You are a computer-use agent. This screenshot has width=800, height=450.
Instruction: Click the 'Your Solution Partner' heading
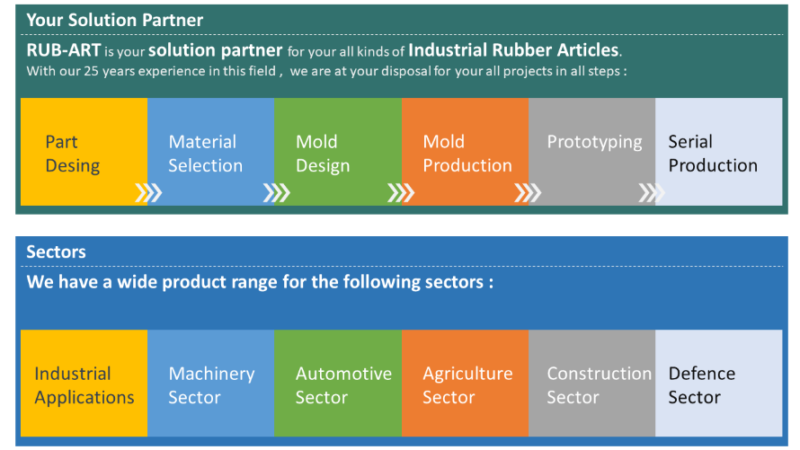click(x=115, y=20)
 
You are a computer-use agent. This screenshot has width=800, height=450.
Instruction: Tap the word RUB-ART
click(x=64, y=50)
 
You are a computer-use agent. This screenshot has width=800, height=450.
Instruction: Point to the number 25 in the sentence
click(x=91, y=71)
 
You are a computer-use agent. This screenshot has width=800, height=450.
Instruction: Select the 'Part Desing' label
click(x=73, y=154)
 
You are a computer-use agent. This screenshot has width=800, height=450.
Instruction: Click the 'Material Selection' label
click(x=205, y=154)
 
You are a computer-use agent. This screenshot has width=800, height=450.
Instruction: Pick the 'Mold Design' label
click(x=323, y=154)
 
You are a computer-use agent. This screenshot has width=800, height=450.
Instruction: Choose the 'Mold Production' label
click(x=467, y=154)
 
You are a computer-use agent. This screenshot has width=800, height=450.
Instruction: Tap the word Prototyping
click(x=594, y=142)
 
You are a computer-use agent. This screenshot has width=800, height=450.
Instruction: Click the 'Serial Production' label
click(x=713, y=154)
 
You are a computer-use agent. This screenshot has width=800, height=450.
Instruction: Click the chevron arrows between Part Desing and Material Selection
click(x=148, y=192)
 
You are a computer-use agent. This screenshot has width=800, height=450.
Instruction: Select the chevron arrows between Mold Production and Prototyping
click(x=528, y=192)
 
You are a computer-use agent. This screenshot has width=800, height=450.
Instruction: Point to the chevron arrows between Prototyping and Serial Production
click(x=652, y=192)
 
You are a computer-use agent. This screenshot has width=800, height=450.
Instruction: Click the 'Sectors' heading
click(x=56, y=251)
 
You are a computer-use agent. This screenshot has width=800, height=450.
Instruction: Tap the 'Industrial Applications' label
click(x=84, y=385)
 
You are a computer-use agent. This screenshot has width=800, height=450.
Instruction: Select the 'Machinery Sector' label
click(x=211, y=385)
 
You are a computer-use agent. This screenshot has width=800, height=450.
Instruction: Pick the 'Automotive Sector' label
click(x=343, y=385)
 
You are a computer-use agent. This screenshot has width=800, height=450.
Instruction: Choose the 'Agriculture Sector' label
click(x=467, y=385)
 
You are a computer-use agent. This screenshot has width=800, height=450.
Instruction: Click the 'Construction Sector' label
click(x=599, y=385)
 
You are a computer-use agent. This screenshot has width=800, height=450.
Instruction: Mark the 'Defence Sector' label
click(x=701, y=385)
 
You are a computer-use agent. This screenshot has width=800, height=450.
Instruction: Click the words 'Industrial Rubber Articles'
click(x=513, y=50)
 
